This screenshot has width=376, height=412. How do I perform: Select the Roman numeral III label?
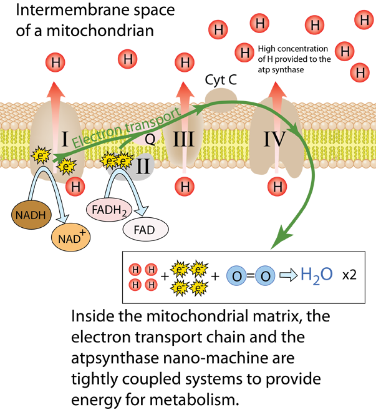pyautogui.click(x=183, y=139)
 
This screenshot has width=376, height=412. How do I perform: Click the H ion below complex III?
pyautogui.click(x=185, y=186)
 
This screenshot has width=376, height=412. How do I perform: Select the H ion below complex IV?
pyautogui.click(x=277, y=186)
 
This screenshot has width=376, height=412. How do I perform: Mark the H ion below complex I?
pyautogui.click(x=75, y=186)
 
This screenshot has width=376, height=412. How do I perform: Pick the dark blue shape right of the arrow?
pyautogui.click(x=318, y=275)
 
